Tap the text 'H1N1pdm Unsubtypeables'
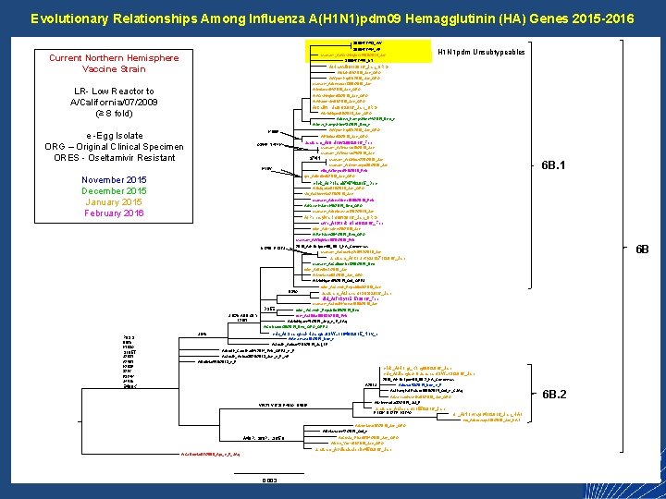(x=480, y=52)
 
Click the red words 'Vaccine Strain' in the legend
(x=114, y=69)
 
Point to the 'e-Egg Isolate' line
(x=114, y=135)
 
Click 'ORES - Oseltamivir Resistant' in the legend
(x=114, y=157)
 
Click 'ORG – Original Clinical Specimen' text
(x=114, y=146)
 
